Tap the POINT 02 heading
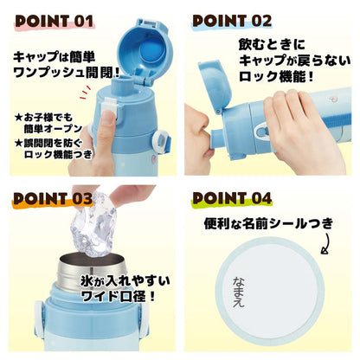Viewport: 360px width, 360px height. [x=231, y=19]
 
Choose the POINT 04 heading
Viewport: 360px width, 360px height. [x=232, y=199]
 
